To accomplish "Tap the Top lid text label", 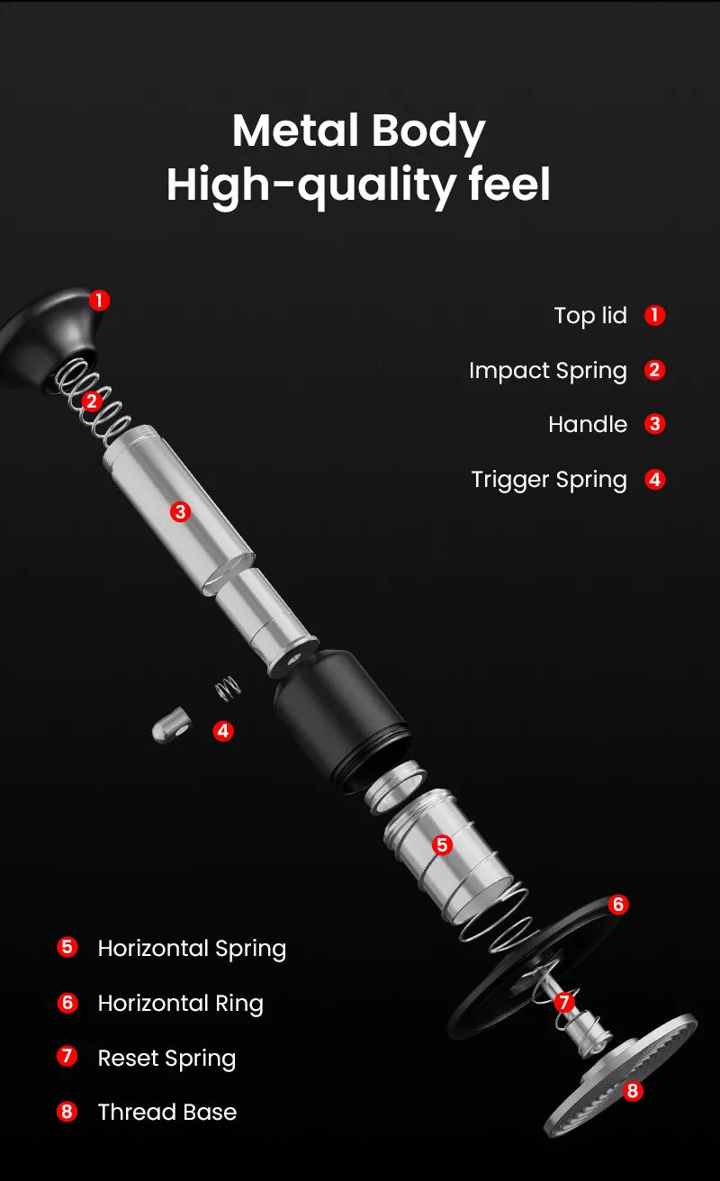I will pos(590,316).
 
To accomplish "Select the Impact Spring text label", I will pos(547,371).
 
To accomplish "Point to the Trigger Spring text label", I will pos(548,480).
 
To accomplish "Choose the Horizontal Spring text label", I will pos(192,949).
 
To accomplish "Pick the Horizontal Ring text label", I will pos(180,1004).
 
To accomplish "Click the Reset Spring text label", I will pos(166,1059).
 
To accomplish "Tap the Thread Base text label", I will pos(166,1113).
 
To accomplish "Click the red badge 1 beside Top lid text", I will pos(655,316).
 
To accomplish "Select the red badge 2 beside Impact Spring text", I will pos(655,371).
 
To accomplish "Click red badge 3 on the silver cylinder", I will pos(181,512).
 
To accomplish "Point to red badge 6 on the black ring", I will pos(617,905).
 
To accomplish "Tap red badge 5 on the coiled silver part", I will pos(442,845).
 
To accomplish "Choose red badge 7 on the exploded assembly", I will pos(564,1002).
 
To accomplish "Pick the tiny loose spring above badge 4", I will pos(228,689).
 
